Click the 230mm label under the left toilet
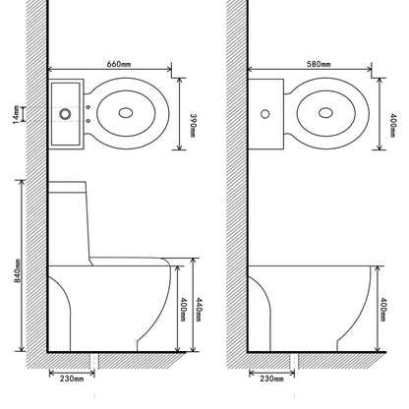pos(70,377)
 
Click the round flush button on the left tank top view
pos(65,113)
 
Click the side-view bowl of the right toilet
pos(310,305)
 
